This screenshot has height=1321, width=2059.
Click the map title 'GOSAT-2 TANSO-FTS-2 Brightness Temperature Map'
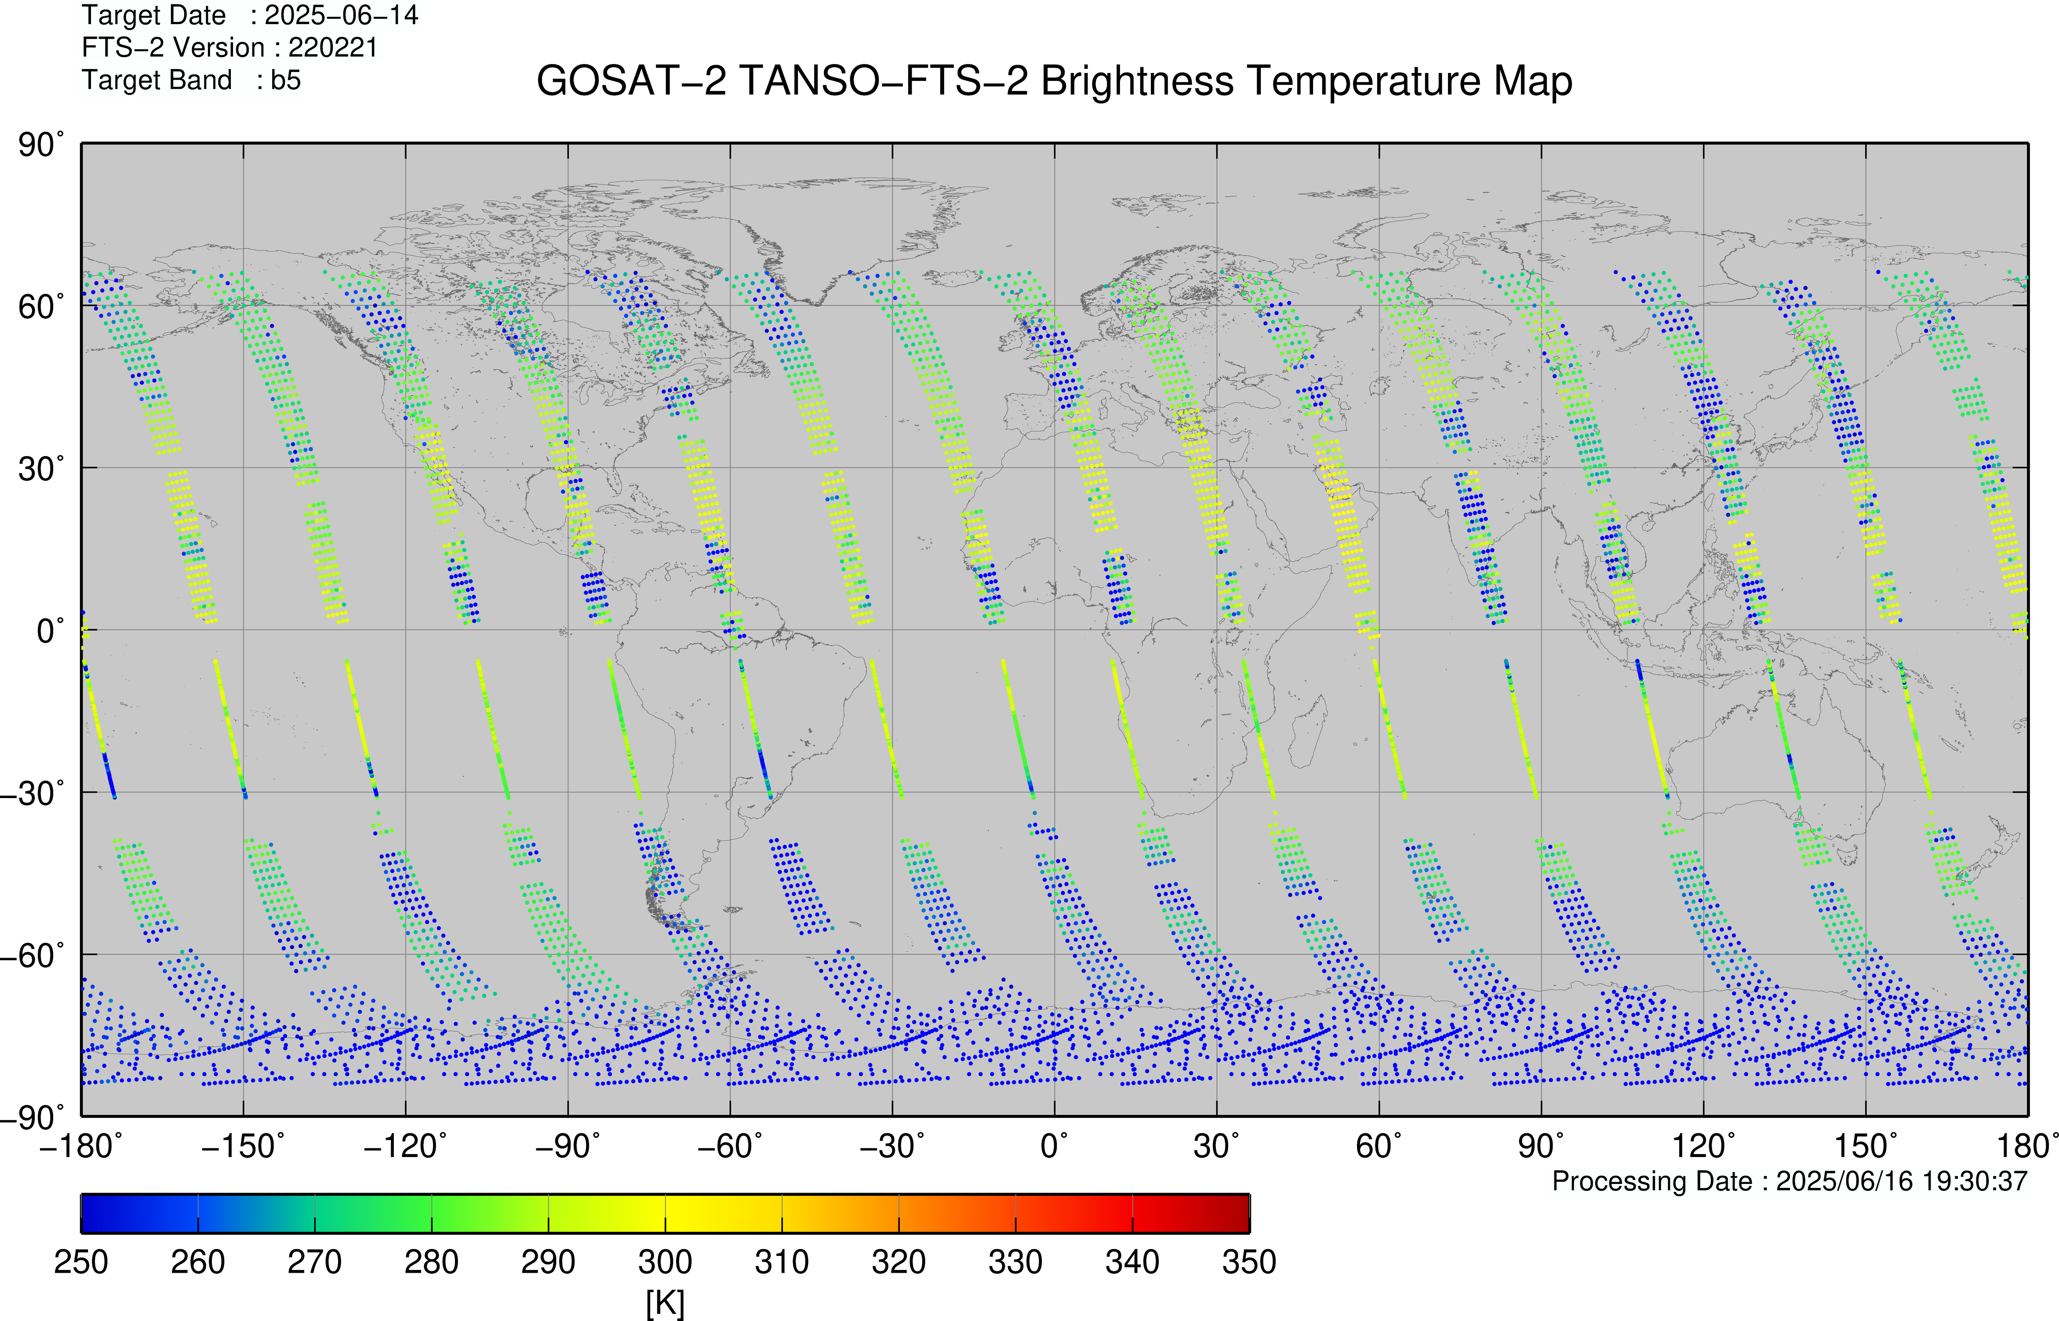pyautogui.click(x=1055, y=81)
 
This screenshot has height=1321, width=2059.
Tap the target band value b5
pyautogui.click(x=286, y=80)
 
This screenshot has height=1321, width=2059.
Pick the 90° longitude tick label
pyautogui.click(x=1541, y=1146)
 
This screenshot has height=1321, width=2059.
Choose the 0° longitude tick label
pyautogui.click(x=1055, y=1146)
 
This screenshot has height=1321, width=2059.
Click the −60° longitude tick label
pyautogui.click(x=730, y=1146)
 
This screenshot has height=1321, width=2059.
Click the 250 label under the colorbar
pyautogui.click(x=81, y=1263)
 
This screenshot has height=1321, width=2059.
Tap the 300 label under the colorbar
pyautogui.click(x=665, y=1263)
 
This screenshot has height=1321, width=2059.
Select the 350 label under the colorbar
pyautogui.click(x=1249, y=1263)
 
